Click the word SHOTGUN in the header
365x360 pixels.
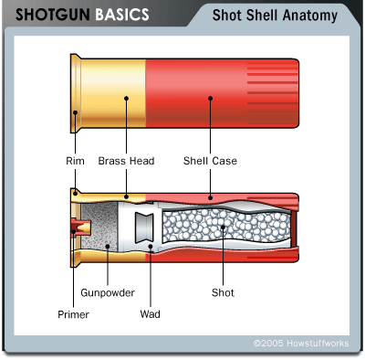(53, 15)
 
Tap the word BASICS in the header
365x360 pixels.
(122, 15)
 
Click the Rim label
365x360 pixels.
(75, 161)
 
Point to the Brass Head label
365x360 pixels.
(126, 161)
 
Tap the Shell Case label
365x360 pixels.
(210, 161)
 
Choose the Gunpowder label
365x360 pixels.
(108, 293)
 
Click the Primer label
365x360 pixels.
(73, 314)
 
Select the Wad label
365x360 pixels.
(151, 314)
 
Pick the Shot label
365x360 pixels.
(223, 292)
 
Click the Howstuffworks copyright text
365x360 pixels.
(301, 344)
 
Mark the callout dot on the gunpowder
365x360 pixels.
(108, 246)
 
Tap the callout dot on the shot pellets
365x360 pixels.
(223, 228)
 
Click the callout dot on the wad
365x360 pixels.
(151, 246)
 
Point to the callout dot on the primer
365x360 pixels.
(73, 231)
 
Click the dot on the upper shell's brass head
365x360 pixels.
(126, 98)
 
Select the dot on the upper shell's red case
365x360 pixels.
(210, 98)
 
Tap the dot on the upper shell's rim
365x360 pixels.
(75, 112)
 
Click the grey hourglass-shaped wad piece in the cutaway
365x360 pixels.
(144, 228)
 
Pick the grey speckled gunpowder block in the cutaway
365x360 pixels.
(99, 228)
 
